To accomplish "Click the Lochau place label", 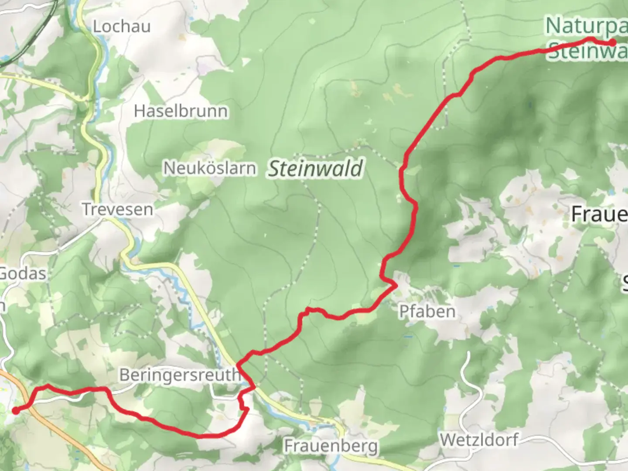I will pos(122,27).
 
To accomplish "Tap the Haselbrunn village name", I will pos(181,111).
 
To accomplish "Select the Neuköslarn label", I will pos(209,168).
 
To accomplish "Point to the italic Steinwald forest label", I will pos(315,169).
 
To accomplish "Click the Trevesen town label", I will pos(118,209).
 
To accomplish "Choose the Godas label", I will pos(23,273).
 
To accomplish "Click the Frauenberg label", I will pos(331,446).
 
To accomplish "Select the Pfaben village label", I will pos(427,311).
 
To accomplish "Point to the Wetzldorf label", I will pos(479,440).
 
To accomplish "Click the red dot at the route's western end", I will pos(16,410).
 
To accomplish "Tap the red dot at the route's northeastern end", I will pos(613,43).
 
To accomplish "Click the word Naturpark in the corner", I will pos(587,26).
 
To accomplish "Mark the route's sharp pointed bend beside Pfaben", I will pos(396,286).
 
